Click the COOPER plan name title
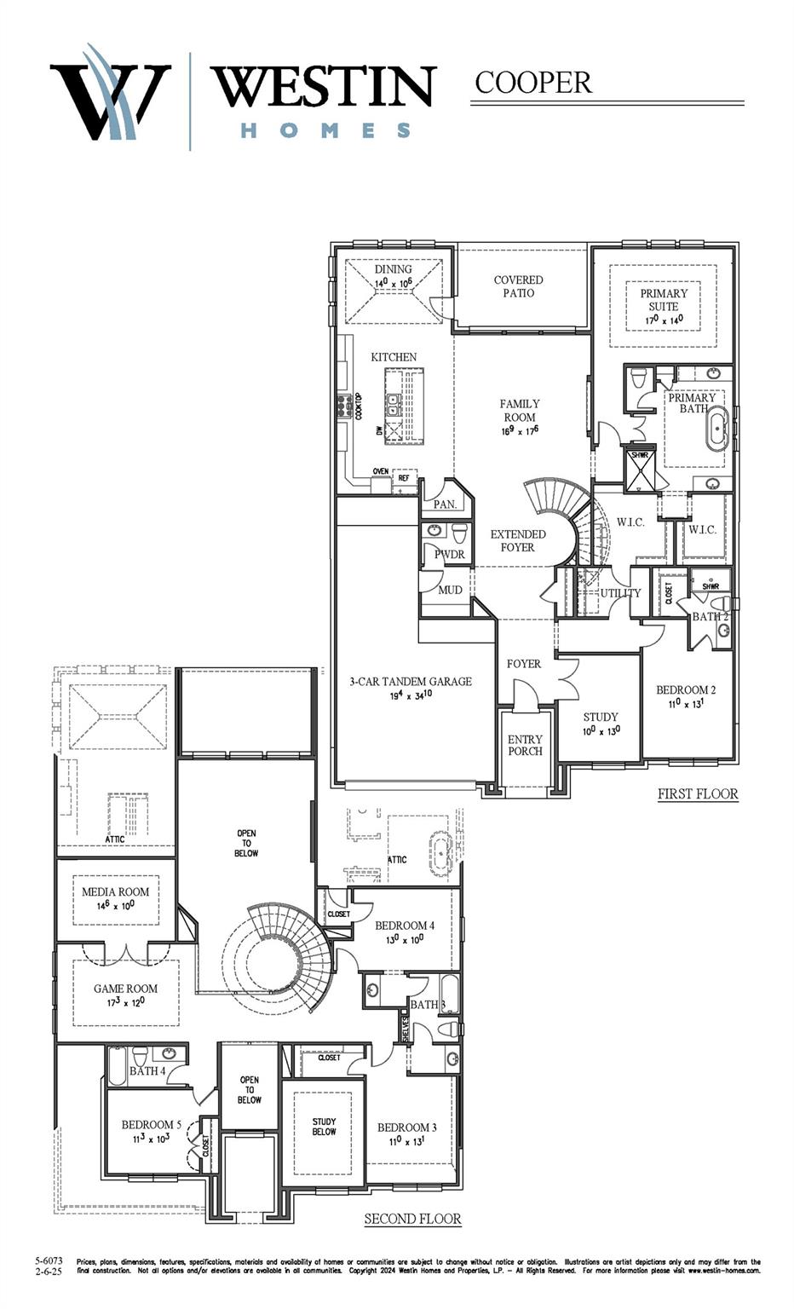[x=532, y=83]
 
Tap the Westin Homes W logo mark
[x=109, y=95]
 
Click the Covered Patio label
[x=518, y=286]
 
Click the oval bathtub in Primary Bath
[x=716, y=429]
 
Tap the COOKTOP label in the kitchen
[x=359, y=407]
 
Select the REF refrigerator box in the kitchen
[x=404, y=478]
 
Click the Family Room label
[x=520, y=411]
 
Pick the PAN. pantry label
[x=445, y=505]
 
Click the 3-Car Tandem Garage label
[x=410, y=682]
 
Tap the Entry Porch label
[x=525, y=746]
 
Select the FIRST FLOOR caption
[x=698, y=794]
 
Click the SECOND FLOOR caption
[x=412, y=1220]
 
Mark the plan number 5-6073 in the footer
[x=49, y=1260]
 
